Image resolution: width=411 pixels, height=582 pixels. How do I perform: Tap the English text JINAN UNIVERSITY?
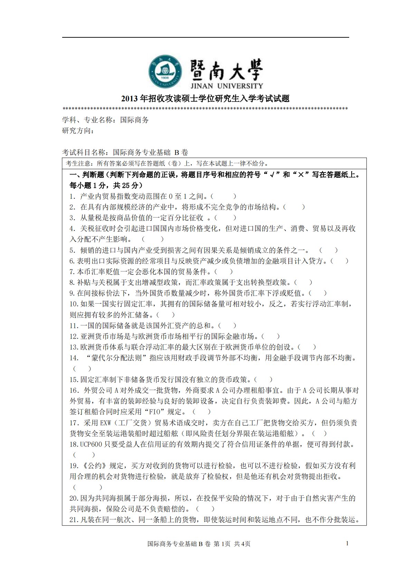(x=226, y=85)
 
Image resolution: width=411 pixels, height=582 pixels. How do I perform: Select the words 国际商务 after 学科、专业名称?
(x=134, y=120)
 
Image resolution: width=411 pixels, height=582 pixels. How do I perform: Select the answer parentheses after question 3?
(x=226, y=218)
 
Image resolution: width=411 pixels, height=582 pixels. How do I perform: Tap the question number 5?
(x=72, y=250)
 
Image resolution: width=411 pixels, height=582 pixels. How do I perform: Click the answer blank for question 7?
(x=223, y=272)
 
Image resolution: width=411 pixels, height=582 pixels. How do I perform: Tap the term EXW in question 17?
(x=106, y=423)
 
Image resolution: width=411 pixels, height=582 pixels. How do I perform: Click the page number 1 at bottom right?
(x=347, y=543)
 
